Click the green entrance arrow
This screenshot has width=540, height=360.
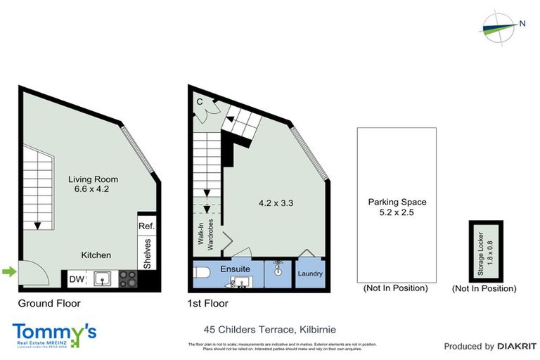8,271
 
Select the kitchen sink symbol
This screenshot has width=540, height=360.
103,279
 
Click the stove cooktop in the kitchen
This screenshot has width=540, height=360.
128,279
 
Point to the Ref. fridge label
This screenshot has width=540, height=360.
146,226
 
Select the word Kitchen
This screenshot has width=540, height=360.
96,255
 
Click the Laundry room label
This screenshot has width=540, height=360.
309,274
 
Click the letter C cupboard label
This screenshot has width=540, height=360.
200,101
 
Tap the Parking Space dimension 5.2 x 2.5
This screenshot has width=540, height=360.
397,212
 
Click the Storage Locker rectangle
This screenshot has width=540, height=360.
485,250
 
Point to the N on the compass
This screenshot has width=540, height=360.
522,24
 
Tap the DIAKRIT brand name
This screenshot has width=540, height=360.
517,346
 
